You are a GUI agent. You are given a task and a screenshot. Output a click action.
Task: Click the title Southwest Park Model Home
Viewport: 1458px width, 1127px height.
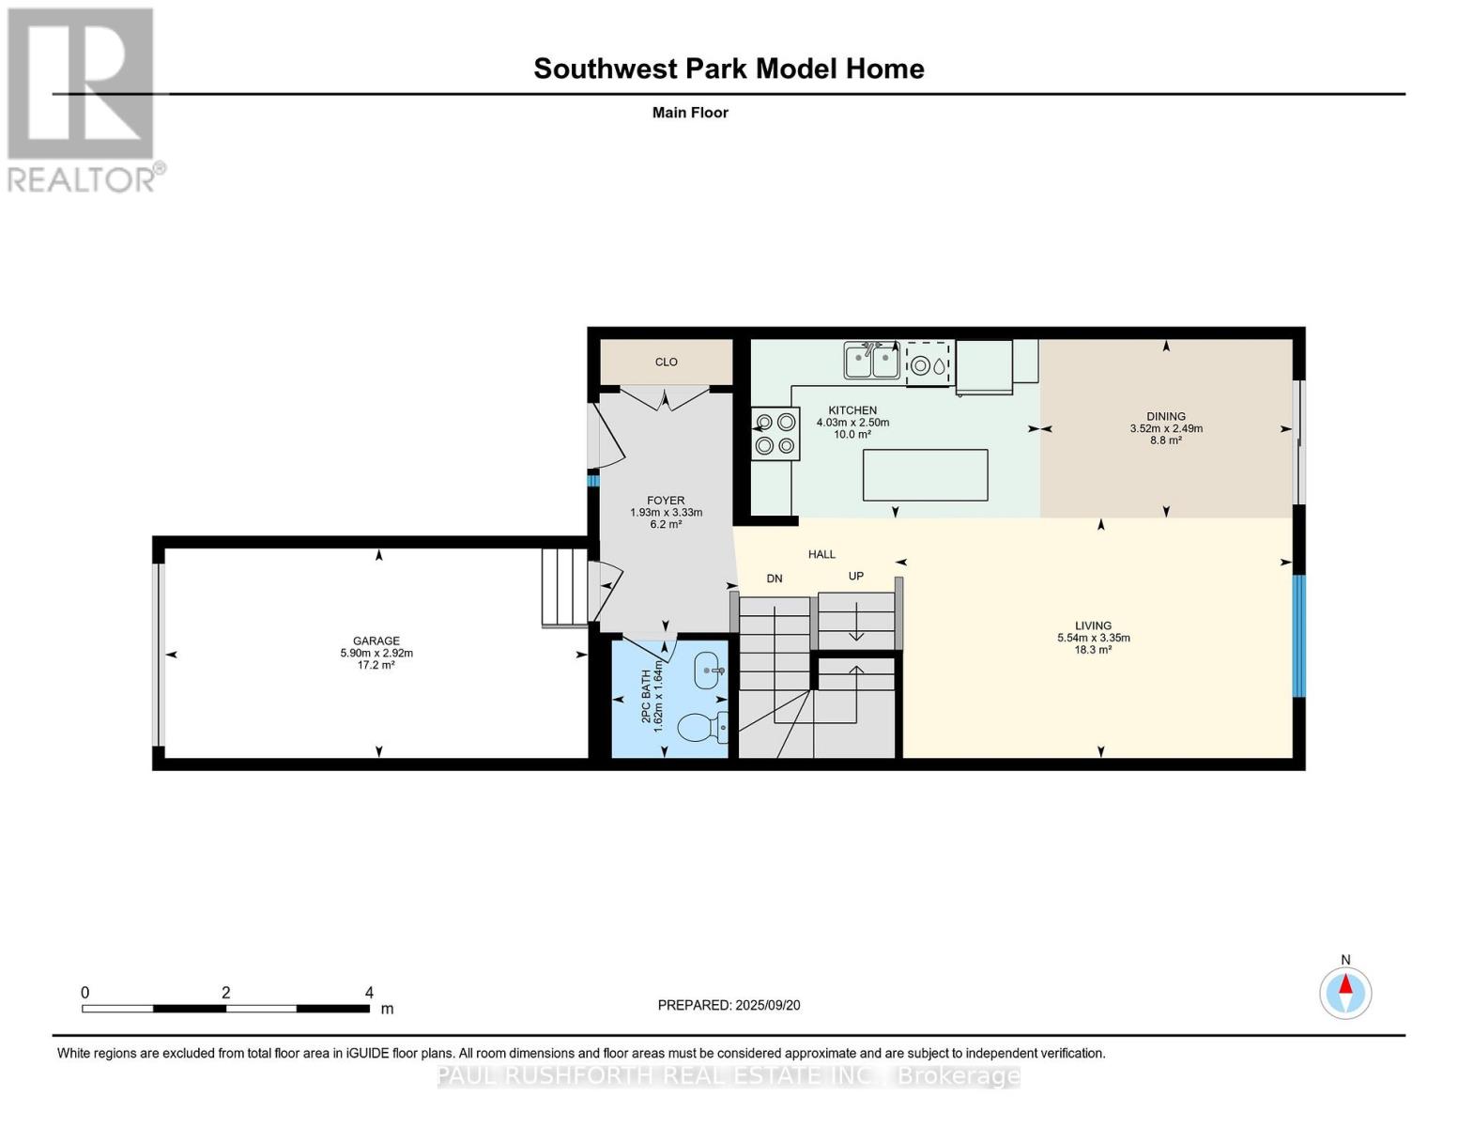click(x=729, y=69)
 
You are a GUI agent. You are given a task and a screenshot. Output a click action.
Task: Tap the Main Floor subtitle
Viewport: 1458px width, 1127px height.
click(x=690, y=113)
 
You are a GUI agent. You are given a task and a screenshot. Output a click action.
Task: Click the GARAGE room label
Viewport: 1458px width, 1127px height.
click(x=376, y=641)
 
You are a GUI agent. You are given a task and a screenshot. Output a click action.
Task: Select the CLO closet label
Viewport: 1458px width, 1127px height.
click(x=667, y=362)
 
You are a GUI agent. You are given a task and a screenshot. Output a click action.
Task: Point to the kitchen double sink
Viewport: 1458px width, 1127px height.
click(x=871, y=360)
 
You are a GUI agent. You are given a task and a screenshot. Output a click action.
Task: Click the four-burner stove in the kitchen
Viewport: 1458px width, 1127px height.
click(x=775, y=434)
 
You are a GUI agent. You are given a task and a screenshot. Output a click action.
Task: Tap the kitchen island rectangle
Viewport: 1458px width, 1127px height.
click(x=925, y=475)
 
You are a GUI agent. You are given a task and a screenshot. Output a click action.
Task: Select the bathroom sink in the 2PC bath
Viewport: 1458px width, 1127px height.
click(x=710, y=671)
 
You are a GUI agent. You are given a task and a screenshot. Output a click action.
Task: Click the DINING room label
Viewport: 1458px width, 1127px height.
click(x=1166, y=416)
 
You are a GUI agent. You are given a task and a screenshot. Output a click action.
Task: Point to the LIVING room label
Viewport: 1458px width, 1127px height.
click(x=1094, y=625)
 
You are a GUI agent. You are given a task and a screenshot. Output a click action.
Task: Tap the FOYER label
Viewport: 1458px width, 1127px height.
click(x=666, y=501)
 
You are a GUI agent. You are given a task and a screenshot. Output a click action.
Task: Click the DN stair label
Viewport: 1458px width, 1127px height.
click(x=775, y=579)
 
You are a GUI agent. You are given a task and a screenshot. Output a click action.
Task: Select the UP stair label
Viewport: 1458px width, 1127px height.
click(x=855, y=576)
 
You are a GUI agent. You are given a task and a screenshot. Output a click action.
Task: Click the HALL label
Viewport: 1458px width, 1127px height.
click(x=821, y=554)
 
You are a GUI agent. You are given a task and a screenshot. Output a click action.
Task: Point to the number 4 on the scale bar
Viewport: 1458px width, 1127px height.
click(x=369, y=993)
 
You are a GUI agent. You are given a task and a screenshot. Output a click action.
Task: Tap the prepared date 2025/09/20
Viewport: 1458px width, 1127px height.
click(x=768, y=1005)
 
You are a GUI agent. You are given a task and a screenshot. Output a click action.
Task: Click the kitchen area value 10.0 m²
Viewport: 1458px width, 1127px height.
click(x=852, y=435)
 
